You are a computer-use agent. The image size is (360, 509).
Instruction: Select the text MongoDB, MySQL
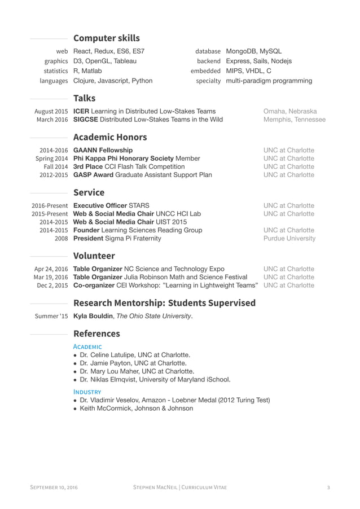pos(253,51)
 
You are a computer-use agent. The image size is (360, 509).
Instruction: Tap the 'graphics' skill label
pos(56,61)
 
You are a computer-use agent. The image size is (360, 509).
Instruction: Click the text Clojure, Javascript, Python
pos(113,81)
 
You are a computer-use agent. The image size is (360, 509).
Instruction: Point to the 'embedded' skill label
pos(205,71)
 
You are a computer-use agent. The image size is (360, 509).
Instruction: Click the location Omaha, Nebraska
pos(289,111)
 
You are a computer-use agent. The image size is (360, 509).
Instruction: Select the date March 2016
pos(52,120)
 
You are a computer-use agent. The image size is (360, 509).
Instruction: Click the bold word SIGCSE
pos(87,120)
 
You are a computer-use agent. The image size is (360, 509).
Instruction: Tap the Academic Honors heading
pos(110,137)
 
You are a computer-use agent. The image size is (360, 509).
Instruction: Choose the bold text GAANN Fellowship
pos(103,150)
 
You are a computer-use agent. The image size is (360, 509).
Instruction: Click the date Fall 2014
pos(56,166)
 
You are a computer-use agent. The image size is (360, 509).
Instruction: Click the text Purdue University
pos(289,238)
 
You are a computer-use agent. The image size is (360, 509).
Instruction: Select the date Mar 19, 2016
pos(51,277)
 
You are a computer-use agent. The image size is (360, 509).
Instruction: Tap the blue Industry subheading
pos(87,391)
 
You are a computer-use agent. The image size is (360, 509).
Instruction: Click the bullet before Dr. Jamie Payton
pos(76,363)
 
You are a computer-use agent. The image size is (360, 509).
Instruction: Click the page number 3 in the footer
pos(328,487)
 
